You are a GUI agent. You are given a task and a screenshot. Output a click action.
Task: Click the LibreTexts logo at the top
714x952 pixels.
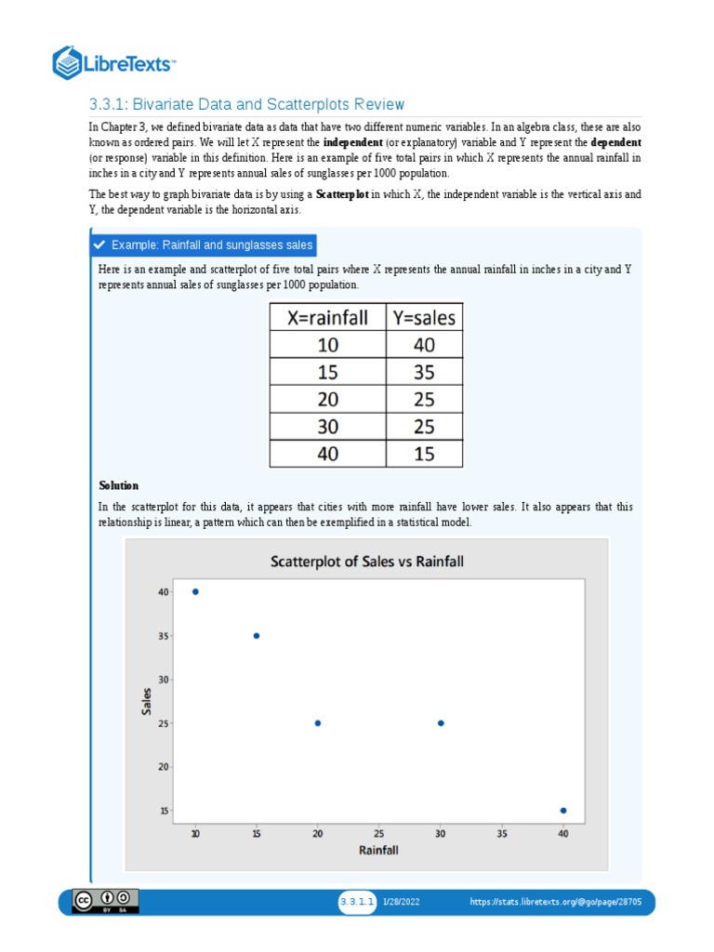pyautogui.click(x=114, y=64)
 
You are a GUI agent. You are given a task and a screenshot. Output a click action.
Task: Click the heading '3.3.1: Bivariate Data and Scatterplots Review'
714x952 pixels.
pyautogui.click(x=246, y=104)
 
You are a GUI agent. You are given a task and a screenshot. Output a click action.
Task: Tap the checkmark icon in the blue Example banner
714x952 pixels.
pyautogui.click(x=99, y=245)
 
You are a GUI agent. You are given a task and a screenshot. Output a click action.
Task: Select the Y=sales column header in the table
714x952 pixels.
pyautogui.click(x=424, y=318)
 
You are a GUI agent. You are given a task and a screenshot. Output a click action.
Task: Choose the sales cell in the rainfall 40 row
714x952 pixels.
pyautogui.click(x=424, y=454)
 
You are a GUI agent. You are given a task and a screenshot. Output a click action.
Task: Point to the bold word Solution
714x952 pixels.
pyautogui.click(x=119, y=485)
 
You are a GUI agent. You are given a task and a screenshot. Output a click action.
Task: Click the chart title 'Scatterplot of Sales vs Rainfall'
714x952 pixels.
pyautogui.click(x=366, y=561)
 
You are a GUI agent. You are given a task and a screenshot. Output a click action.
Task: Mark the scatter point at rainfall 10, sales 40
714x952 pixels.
pyautogui.click(x=195, y=591)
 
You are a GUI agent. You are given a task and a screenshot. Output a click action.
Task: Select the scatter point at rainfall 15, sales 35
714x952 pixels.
pyautogui.click(x=257, y=636)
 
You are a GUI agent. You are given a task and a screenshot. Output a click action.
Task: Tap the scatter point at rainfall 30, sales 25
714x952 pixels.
pyautogui.click(x=441, y=723)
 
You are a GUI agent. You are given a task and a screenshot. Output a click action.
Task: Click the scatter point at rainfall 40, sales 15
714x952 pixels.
pyautogui.click(x=563, y=811)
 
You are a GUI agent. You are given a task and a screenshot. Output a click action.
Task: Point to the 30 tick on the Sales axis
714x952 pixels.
pyautogui.click(x=163, y=680)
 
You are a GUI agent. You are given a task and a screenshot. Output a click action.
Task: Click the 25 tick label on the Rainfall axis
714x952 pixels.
pyautogui.click(x=379, y=834)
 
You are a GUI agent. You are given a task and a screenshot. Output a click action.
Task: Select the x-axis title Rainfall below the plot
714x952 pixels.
pyautogui.click(x=379, y=850)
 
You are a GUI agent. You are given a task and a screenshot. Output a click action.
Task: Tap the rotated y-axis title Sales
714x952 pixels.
pyautogui.click(x=146, y=701)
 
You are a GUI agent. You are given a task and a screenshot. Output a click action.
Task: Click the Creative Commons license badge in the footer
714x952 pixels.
pyautogui.click(x=107, y=901)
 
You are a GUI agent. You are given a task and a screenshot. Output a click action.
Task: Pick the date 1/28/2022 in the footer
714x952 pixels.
pyautogui.click(x=402, y=902)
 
